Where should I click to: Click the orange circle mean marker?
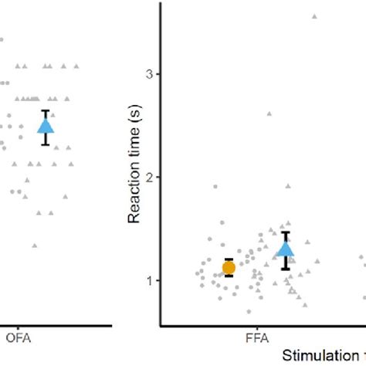(x=229, y=268)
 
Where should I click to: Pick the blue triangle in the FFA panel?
(x=286, y=249)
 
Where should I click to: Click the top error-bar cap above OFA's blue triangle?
(x=46, y=110)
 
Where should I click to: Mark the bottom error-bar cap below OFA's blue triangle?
(x=46, y=144)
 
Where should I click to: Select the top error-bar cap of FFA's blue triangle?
(x=286, y=232)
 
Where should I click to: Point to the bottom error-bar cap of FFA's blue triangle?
(x=286, y=269)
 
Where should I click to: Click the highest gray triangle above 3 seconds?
(x=314, y=16)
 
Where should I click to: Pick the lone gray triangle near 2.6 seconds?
(x=269, y=114)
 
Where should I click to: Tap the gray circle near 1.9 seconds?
(x=215, y=186)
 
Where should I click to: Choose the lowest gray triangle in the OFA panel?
(x=34, y=246)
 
